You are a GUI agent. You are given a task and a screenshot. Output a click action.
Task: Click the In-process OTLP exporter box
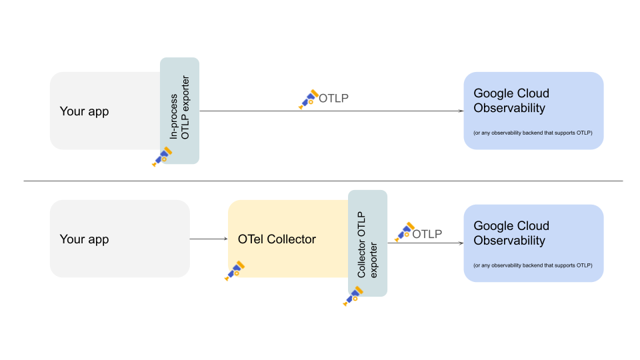click(x=179, y=110)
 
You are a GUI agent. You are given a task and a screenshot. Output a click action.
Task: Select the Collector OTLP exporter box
click(x=367, y=243)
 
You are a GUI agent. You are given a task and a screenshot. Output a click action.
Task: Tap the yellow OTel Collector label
click(x=277, y=239)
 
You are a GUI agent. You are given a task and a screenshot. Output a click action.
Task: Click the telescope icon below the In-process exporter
click(x=162, y=157)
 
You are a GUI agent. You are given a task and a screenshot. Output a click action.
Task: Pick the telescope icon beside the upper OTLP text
click(x=308, y=99)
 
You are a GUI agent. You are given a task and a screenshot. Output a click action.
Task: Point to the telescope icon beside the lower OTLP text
click(x=404, y=232)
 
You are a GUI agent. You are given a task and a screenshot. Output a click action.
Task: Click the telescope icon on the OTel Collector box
click(x=235, y=271)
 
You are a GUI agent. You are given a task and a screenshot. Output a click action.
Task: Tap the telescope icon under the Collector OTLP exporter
click(x=352, y=296)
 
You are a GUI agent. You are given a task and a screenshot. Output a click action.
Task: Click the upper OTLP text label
click(x=333, y=99)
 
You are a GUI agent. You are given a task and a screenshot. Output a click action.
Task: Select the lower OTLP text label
click(x=427, y=234)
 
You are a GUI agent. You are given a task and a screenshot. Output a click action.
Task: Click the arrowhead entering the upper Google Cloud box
click(x=460, y=111)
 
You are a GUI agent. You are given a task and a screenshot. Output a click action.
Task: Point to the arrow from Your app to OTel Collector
click(x=209, y=239)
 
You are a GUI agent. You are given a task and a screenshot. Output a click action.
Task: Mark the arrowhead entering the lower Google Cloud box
click(x=460, y=243)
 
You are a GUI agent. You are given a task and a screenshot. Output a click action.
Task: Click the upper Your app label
click(x=84, y=111)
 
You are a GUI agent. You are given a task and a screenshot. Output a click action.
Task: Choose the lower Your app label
click(x=84, y=239)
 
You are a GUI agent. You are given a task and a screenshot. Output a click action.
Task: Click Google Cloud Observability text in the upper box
click(x=510, y=101)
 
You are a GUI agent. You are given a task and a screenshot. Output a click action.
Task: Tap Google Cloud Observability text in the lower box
click(x=510, y=233)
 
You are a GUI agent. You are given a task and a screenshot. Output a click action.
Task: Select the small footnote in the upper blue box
click(x=533, y=133)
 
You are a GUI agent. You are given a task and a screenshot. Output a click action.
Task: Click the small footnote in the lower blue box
click(x=533, y=265)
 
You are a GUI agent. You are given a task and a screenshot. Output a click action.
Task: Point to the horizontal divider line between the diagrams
click(x=323, y=181)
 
